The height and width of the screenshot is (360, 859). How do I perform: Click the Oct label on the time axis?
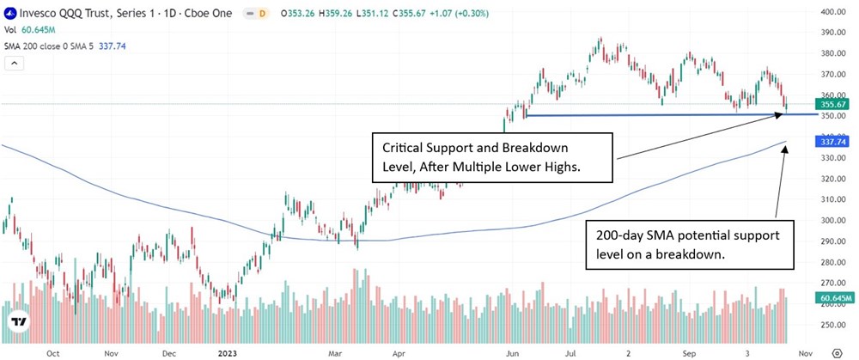point(52,352)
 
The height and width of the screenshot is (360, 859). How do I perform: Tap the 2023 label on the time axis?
point(227,352)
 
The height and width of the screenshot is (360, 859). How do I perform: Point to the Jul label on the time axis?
point(572,352)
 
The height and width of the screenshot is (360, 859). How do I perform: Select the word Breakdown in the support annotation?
point(532,147)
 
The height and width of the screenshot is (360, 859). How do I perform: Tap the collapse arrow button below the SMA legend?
point(15,63)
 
